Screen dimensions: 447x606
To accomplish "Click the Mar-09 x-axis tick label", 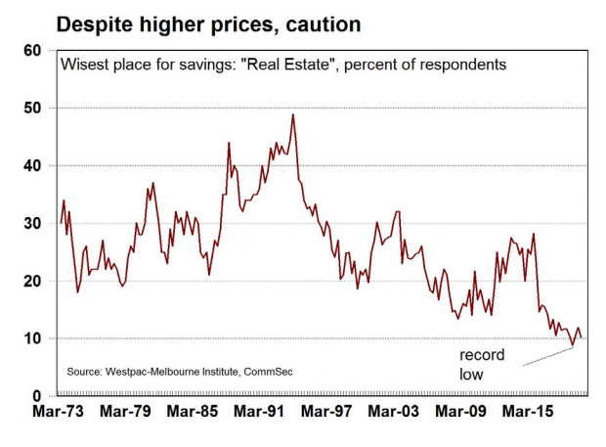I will click(461, 415).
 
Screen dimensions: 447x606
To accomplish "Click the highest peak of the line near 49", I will click(293, 115).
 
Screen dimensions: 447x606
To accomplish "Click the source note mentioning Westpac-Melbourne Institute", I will click(180, 372).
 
